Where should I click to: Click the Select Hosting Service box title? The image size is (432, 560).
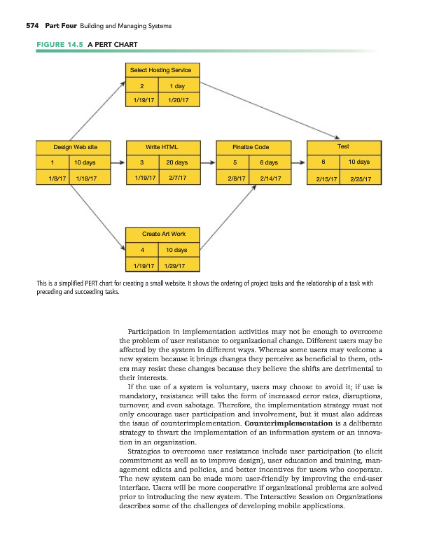(162, 70)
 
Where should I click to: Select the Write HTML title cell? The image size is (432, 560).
(162, 148)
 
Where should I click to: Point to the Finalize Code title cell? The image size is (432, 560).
(253, 148)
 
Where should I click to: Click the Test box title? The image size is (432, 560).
(343, 147)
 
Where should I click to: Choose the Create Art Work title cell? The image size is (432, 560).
(162, 234)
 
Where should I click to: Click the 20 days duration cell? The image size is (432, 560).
(177, 162)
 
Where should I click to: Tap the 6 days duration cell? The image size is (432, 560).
(270, 162)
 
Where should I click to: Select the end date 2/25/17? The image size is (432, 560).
(364, 178)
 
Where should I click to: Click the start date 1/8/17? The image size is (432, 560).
(53, 178)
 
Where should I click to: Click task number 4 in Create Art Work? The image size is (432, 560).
(142, 249)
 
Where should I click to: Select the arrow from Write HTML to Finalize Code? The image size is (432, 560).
(209, 162)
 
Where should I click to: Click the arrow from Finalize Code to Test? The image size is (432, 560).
(298, 162)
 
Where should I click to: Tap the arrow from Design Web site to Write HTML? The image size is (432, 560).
(114, 162)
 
